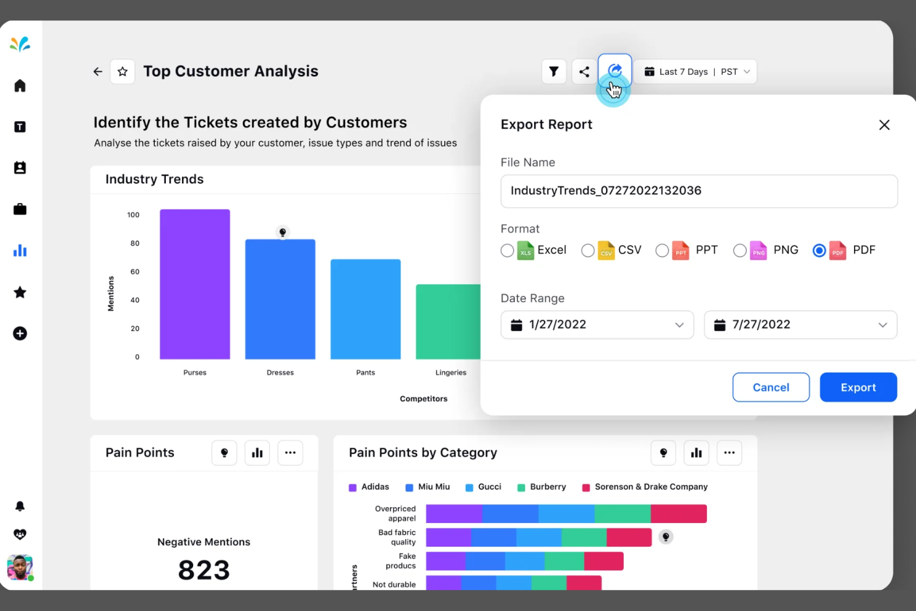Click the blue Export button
pyautogui.click(x=858, y=388)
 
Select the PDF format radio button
pyautogui.click(x=819, y=251)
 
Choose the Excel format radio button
pyautogui.click(x=507, y=251)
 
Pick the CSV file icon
pyautogui.click(x=607, y=251)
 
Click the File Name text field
pyautogui.click(x=698, y=191)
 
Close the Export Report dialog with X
pyautogui.click(x=884, y=125)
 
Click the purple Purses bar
pyautogui.click(x=195, y=285)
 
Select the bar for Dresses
pyautogui.click(x=280, y=300)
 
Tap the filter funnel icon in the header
pyautogui.click(x=554, y=72)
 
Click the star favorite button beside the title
pyautogui.click(x=123, y=72)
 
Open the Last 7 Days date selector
pyautogui.click(x=695, y=72)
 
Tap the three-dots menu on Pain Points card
pyautogui.click(x=290, y=453)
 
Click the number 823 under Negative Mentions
pyautogui.click(x=204, y=570)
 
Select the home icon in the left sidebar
pyautogui.click(x=20, y=86)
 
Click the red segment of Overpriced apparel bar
pyautogui.click(x=678, y=514)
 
